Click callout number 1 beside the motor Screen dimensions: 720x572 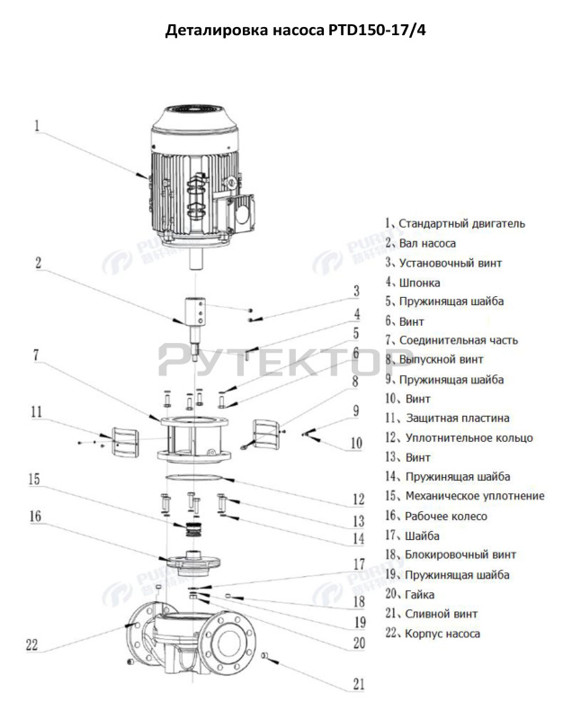38,127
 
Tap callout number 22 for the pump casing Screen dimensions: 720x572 33,643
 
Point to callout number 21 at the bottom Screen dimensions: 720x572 358,685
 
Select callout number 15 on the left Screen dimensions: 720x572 35,479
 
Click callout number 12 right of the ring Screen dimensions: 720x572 358,499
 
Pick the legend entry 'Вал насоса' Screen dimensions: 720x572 427,243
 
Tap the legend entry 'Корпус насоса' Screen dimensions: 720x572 439,634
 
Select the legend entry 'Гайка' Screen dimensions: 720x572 419,594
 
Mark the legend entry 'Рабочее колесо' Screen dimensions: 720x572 442,516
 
